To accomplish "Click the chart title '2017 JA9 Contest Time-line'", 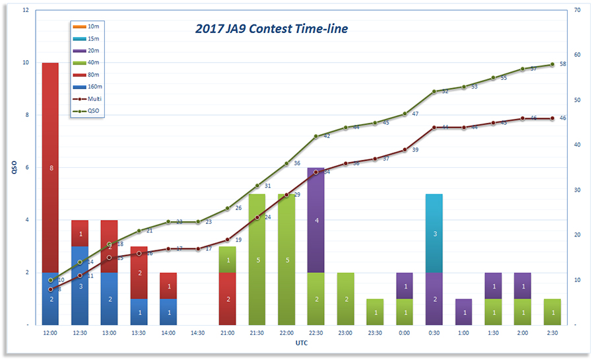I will tap(271, 29).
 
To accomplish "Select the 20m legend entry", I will tap(93, 51).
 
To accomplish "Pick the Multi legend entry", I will tap(94, 98).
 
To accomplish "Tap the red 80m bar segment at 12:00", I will tap(50, 168).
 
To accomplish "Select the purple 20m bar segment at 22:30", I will tap(316, 220).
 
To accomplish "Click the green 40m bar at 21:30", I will tap(257, 259).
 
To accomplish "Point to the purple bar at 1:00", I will tap(463, 312).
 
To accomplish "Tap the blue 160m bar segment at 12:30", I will tap(80, 285).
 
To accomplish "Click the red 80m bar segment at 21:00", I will tap(228, 299).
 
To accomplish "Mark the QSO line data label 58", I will tap(562, 64).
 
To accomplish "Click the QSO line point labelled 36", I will tap(286, 163).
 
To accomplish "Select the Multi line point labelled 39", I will tap(405, 150).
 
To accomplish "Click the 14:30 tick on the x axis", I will tap(198, 334).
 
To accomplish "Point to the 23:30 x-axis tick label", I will tap(375, 334).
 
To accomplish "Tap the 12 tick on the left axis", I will tap(25, 11).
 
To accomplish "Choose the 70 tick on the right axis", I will tap(577, 11).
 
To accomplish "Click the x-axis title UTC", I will tap(302, 343).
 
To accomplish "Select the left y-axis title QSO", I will tap(13, 168).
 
